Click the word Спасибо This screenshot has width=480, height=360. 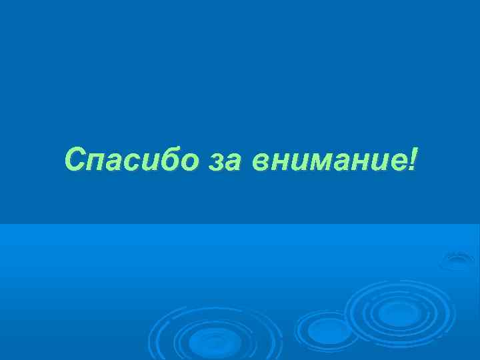[x=132, y=160]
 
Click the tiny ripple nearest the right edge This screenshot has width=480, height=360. [x=458, y=259]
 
